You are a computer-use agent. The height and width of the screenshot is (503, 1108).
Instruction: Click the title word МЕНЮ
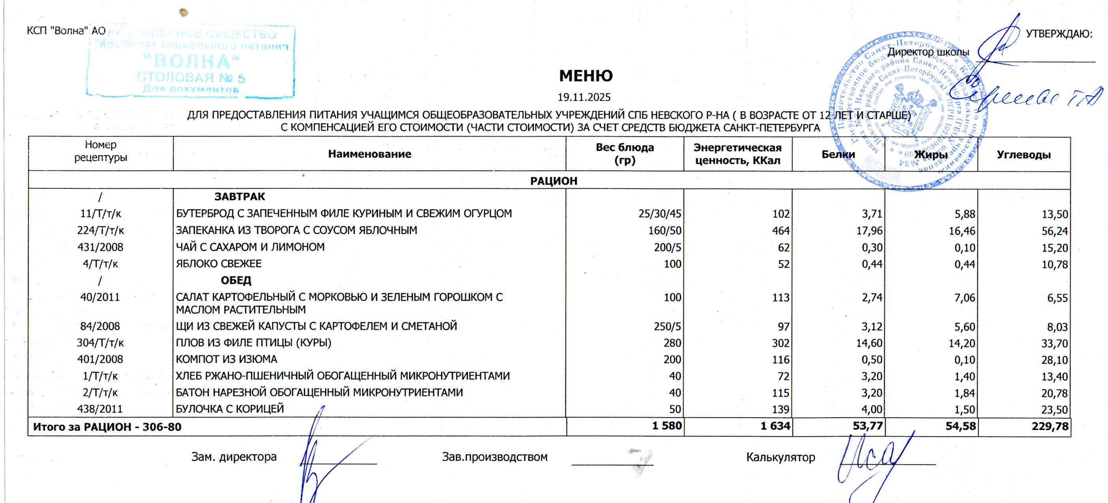tap(586, 76)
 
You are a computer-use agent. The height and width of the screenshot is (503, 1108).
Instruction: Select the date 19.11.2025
tap(584, 97)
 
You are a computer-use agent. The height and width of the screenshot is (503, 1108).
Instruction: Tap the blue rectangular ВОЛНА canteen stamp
tap(191, 62)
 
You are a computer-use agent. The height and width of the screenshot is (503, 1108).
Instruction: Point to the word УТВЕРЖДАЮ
tap(1059, 34)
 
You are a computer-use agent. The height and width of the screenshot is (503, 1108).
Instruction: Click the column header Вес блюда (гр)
tap(624, 154)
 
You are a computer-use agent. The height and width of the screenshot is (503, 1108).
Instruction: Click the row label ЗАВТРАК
tap(240, 197)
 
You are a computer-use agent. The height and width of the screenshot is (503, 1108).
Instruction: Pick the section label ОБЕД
tap(236, 281)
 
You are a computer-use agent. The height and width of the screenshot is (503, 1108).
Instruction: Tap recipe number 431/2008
tap(100, 247)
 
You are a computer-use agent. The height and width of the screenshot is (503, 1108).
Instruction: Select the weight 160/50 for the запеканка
tap(665, 231)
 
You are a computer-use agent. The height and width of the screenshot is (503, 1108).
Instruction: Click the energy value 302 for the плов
tap(781, 343)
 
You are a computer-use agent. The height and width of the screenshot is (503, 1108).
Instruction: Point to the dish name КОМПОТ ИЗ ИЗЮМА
tap(226, 359)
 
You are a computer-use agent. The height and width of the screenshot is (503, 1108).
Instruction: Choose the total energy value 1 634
tap(775, 426)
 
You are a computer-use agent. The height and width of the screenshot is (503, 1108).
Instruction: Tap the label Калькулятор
tap(781, 457)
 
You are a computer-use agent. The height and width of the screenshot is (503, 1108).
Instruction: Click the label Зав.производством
tap(495, 457)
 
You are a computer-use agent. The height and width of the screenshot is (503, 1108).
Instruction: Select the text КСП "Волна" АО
tap(66, 30)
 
